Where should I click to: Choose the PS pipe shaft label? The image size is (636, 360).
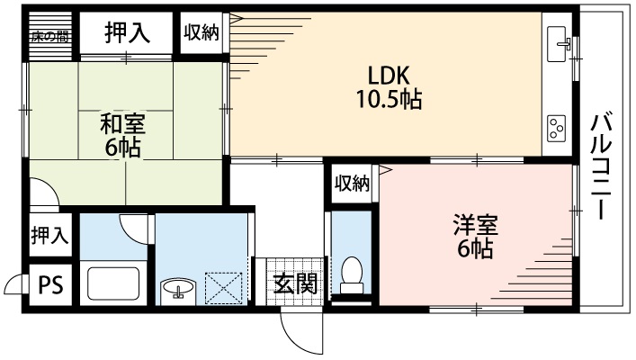click(50, 286)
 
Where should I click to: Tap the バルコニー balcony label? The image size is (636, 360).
click(598, 167)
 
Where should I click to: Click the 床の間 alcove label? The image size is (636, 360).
click(49, 36)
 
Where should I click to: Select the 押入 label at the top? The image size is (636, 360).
click(127, 34)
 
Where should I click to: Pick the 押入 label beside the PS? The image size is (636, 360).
click(49, 236)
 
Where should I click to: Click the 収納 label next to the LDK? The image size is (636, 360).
click(202, 33)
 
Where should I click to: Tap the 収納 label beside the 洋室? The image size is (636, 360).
click(353, 184)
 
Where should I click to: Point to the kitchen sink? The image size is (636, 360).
click(558, 41)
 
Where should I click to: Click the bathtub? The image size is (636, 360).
click(114, 284)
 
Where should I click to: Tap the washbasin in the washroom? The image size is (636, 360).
click(178, 289)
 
